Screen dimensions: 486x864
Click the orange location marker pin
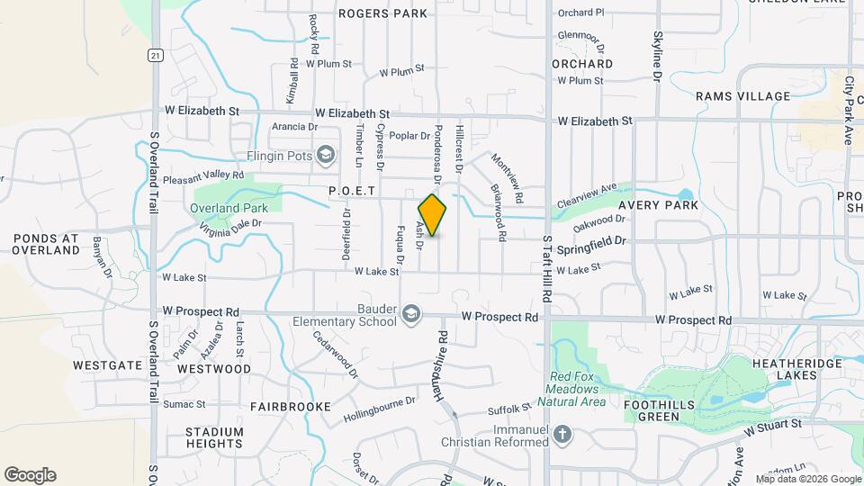(x=432, y=215)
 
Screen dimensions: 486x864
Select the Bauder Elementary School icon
(x=411, y=313)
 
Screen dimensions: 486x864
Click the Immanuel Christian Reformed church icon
(x=562, y=435)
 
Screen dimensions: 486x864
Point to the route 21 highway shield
(x=156, y=55)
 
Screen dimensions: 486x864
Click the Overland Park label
(x=228, y=208)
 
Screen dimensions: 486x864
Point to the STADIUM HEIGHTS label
(x=214, y=437)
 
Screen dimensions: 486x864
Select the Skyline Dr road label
(x=657, y=58)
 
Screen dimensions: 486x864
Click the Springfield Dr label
(x=590, y=243)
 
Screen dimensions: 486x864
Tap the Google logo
(x=30, y=475)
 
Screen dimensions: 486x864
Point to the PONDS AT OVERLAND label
(x=47, y=244)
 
